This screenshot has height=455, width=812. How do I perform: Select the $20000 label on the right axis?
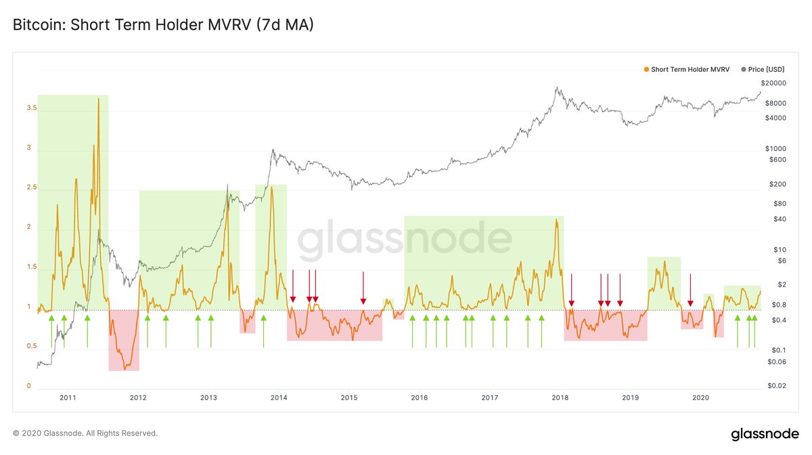(x=773, y=83)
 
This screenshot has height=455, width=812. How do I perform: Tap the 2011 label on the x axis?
(x=68, y=398)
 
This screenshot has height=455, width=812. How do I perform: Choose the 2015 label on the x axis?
(x=349, y=398)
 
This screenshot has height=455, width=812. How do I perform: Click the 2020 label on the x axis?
(x=701, y=398)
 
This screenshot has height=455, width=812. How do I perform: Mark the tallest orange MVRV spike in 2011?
(x=99, y=100)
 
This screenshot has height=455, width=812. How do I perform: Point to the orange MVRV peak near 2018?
(x=556, y=219)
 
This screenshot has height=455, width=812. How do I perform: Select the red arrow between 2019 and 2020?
(x=690, y=290)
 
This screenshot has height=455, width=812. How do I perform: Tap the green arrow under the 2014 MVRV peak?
(x=263, y=332)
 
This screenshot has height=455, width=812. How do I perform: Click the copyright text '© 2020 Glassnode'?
(x=85, y=433)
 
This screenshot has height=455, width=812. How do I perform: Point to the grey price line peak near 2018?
(x=556, y=87)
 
